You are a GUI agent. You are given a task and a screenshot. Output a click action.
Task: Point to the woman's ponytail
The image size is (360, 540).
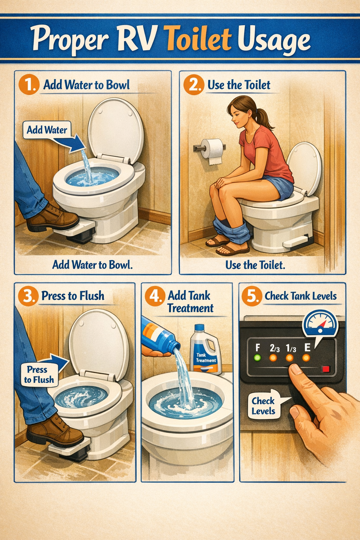[x=264, y=120]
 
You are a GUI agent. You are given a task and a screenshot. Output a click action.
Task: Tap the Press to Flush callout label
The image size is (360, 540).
[x=38, y=374]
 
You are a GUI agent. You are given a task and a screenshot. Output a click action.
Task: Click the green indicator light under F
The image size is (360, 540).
[x=257, y=358]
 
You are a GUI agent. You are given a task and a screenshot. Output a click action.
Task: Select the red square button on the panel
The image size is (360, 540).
[x=326, y=369]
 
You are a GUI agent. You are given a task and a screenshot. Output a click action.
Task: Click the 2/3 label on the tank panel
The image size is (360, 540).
[x=274, y=348]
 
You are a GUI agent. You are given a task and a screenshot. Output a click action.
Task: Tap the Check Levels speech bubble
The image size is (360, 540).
[x=264, y=406]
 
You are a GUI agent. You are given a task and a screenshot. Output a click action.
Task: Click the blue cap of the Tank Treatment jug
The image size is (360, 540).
[x=200, y=328]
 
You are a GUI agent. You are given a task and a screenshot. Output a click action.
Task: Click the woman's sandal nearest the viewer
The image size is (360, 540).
[x=232, y=249]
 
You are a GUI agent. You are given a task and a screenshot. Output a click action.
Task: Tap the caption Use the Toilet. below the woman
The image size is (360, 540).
[x=255, y=265]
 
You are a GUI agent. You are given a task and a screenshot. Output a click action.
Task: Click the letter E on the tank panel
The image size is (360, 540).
[x=307, y=348]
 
